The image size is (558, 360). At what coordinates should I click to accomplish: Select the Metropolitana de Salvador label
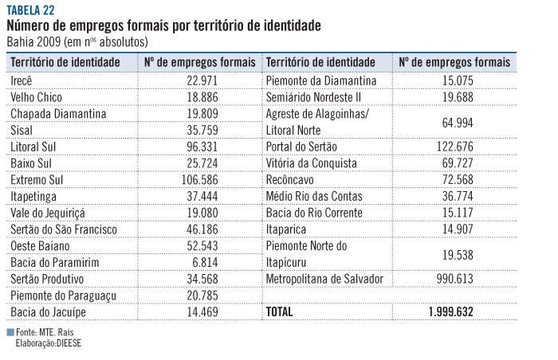click(x=324, y=279)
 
